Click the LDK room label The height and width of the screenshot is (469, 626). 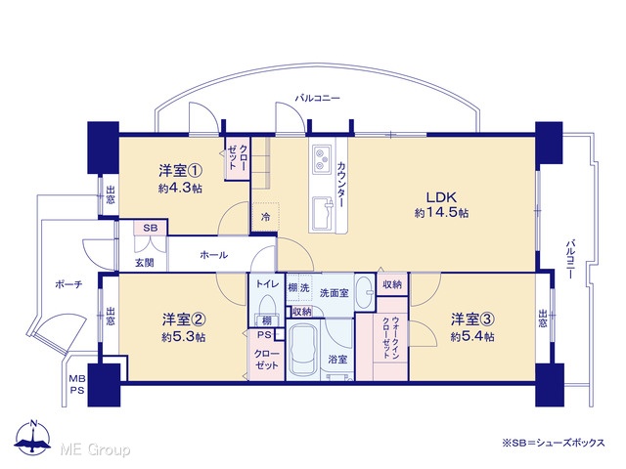pos(441,197)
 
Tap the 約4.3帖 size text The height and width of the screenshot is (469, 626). pos(180,189)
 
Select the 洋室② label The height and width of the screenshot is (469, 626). pos(184,320)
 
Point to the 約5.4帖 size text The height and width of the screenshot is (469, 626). pos(472,337)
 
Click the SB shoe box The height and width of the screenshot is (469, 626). pos(151,228)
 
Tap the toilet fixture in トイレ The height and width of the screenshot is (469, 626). pos(266,307)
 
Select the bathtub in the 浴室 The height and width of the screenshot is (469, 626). pos(304,348)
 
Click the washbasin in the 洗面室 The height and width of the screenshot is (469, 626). pos(364,293)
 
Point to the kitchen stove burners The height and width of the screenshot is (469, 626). pos(322,159)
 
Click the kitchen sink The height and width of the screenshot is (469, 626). pos(322,214)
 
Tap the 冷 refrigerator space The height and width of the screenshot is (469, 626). pos(265,217)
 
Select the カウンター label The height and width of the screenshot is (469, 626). pos(341,185)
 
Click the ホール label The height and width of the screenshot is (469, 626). pos(213,255)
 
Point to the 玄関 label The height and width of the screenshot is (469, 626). pos(144,263)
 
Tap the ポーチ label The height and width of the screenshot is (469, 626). pos(68,284)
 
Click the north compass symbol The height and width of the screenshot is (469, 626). pos(32,438)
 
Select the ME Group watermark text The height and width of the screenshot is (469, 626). pos(95,449)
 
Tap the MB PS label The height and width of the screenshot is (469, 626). pos(77,384)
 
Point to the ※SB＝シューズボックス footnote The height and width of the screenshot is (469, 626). pos(554,443)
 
